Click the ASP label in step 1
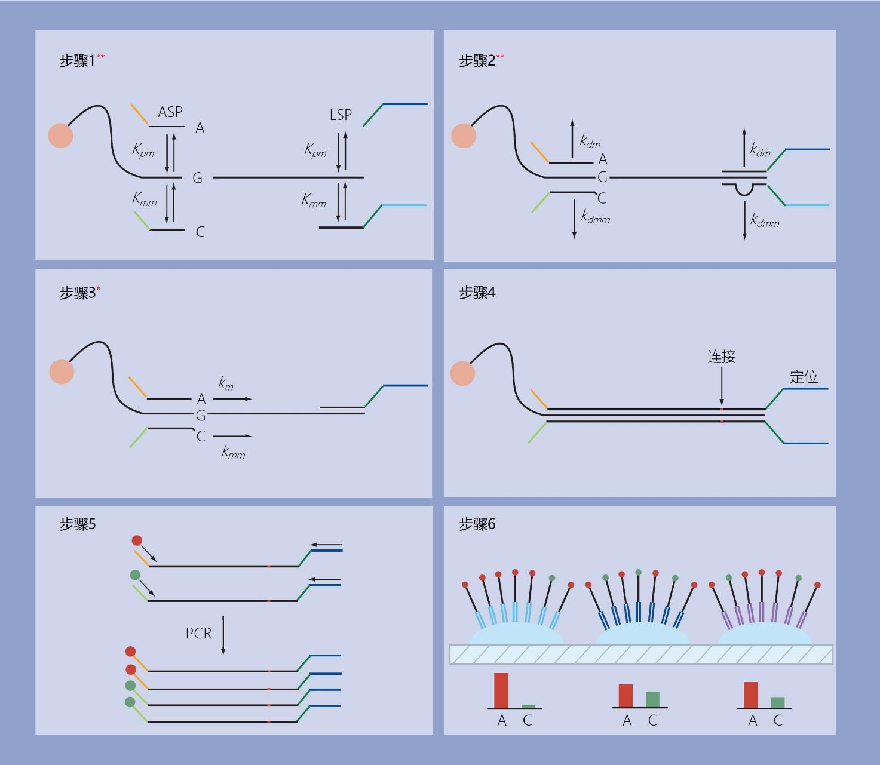pos(170,112)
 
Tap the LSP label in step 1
pos(341,115)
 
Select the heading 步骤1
pos(77,61)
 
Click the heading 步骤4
pos(477,293)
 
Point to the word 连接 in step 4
pos(721,357)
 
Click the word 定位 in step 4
pos(804,377)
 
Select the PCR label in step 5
pos(198,634)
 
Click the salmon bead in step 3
pos(62,371)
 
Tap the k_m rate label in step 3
pos(226,382)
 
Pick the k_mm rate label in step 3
pos(233,451)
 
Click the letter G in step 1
pos(197,177)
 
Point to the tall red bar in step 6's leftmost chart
pos(501,690)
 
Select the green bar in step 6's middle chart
pos(652,699)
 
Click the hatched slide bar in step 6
pos(641,655)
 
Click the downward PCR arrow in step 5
pos(223,635)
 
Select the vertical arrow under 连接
pos(722,386)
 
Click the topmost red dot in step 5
pos(137,540)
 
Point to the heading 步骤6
pos(477,524)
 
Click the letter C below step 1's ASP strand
pos(200,232)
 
